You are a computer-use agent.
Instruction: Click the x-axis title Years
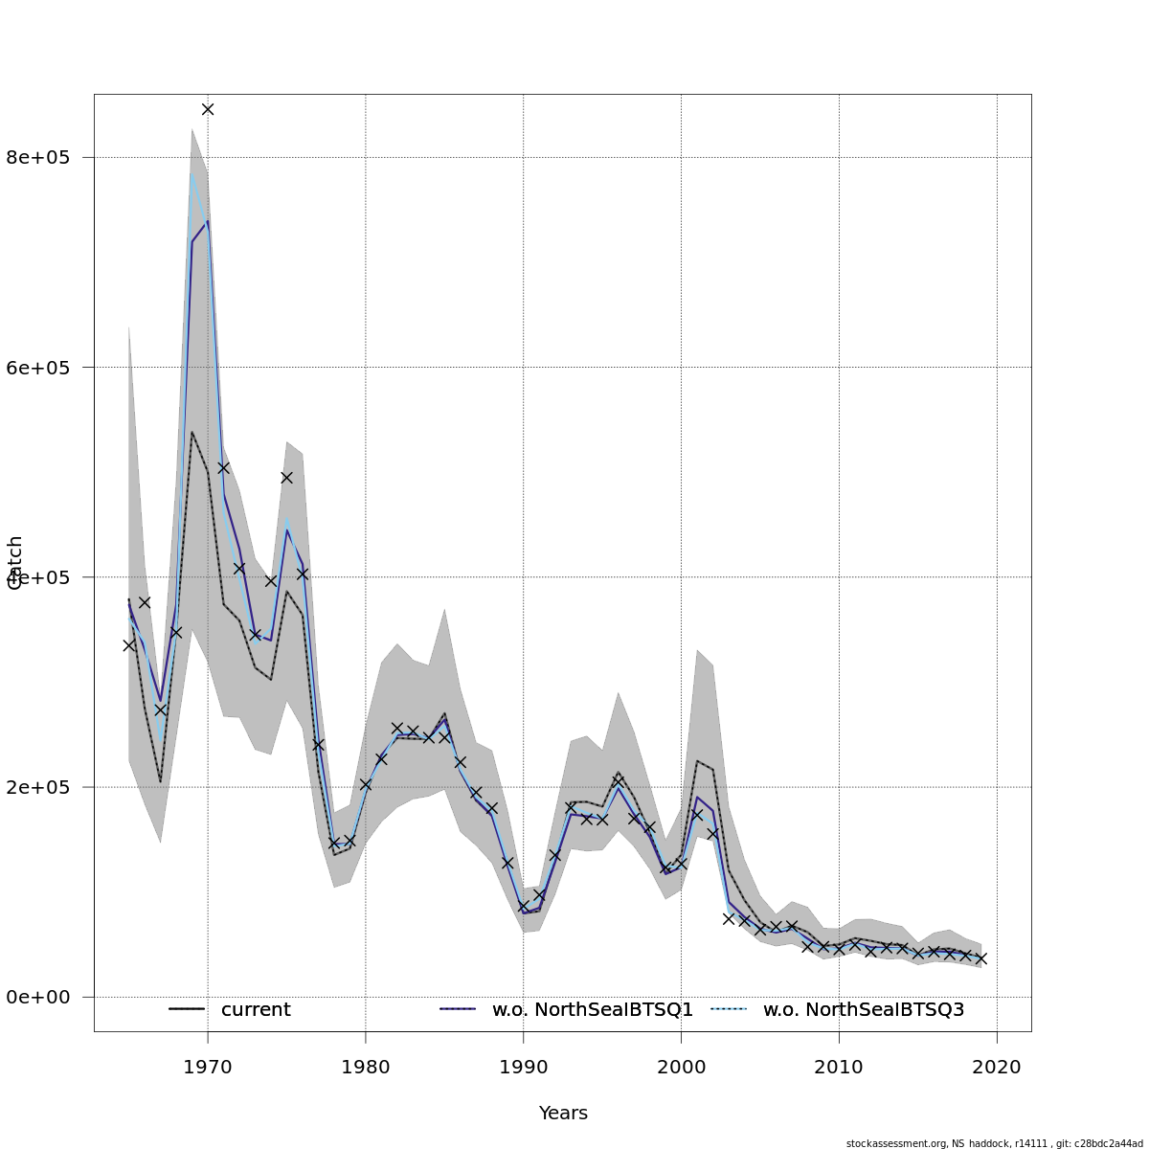563,1114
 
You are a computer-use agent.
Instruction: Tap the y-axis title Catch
15,563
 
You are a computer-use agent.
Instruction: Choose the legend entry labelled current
256,1010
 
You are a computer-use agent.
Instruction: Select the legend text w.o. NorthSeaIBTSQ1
593,1010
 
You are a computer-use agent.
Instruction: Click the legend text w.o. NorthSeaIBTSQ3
864,1010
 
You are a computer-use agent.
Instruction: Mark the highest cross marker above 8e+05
208,109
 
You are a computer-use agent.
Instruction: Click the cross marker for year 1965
129,645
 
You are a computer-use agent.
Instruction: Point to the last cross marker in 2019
980,958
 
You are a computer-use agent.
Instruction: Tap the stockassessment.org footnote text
994,1143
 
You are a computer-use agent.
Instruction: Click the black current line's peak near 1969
191,432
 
